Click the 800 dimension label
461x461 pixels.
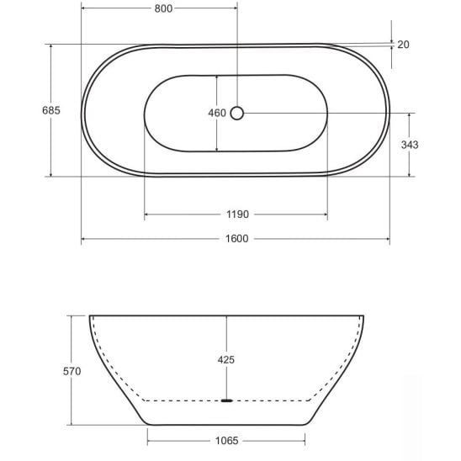tap(163, 9)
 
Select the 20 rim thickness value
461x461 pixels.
tap(403, 45)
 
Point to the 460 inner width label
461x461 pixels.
tap(216, 113)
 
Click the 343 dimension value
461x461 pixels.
tap(410, 145)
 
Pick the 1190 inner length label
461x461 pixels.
tap(236, 215)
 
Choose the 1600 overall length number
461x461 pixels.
tap(236, 240)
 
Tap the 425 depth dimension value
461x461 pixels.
tap(225, 359)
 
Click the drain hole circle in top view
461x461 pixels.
tap(237, 112)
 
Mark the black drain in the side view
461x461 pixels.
tap(225, 401)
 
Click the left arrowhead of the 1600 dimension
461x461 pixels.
tap(84, 241)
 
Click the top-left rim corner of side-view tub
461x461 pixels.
tap(91, 316)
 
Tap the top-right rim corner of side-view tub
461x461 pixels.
tap(363, 316)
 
